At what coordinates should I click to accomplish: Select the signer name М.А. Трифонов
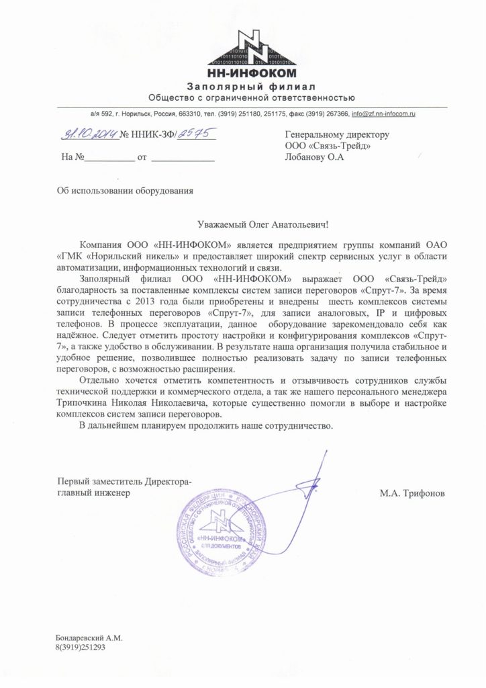pos(411,493)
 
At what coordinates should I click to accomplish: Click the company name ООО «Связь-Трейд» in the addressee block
pos(328,146)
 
